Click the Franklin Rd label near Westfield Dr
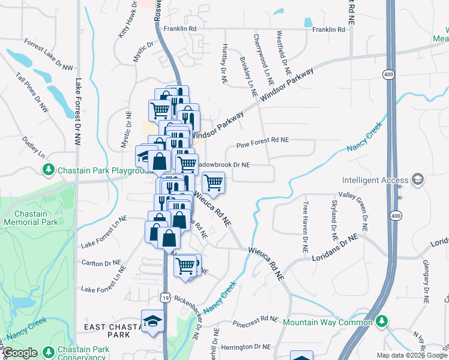click(328, 29)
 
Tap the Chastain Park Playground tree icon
click(49, 170)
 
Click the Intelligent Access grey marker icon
click(417, 179)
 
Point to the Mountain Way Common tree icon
click(380, 322)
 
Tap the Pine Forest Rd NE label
click(262, 140)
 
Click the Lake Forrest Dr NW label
click(77, 112)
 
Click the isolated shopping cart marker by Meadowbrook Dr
click(214, 182)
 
